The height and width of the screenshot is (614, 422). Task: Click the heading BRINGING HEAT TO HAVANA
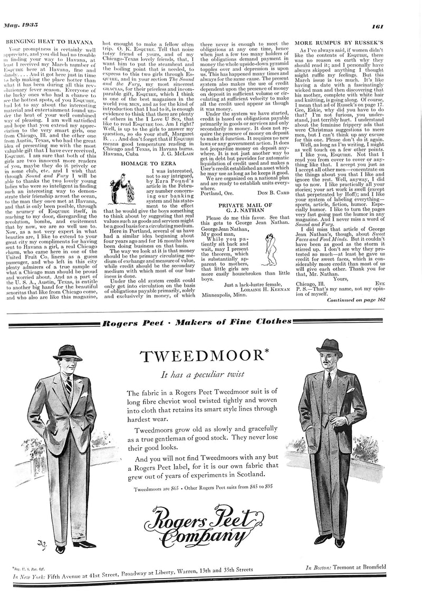tap(49, 41)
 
